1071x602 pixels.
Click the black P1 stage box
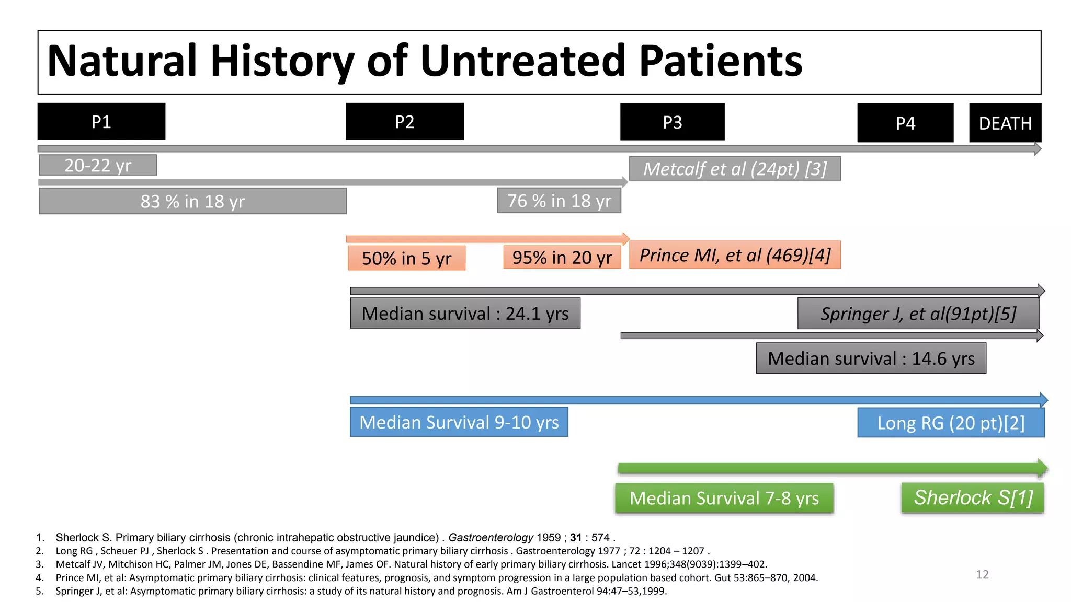101,122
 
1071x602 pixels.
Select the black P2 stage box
405,122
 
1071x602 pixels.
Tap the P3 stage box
673,122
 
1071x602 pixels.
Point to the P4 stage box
905,123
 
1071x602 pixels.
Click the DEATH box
1005,123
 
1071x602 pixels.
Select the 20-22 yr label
98,165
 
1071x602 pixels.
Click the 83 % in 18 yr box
192,201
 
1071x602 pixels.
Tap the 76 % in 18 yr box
559,201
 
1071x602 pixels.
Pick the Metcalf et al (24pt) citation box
735,169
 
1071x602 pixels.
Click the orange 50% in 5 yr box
406,258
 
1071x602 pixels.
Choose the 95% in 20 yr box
562,258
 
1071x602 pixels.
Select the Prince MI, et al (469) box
735,255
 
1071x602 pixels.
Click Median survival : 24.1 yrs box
465,314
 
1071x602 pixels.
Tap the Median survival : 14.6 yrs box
871,358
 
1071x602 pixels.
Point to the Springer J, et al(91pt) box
918,314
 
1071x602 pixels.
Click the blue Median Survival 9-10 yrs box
459,422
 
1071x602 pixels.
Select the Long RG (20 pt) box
951,423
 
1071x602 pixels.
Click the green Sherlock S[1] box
973,497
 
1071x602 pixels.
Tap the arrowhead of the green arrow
1042,468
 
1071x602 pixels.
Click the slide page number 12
982,575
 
